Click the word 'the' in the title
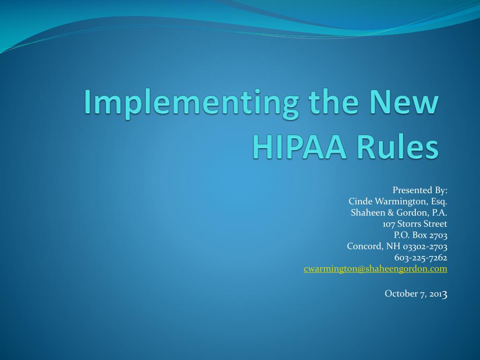coord(333,101)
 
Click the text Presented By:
coord(420,190)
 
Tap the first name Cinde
coord(360,201)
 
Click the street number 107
coord(389,224)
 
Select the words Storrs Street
coord(422,224)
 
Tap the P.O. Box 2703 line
coord(420,235)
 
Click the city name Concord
coord(365,246)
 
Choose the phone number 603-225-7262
coord(420,258)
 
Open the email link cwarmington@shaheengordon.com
coord(375,269)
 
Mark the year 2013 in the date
coord(438,294)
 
